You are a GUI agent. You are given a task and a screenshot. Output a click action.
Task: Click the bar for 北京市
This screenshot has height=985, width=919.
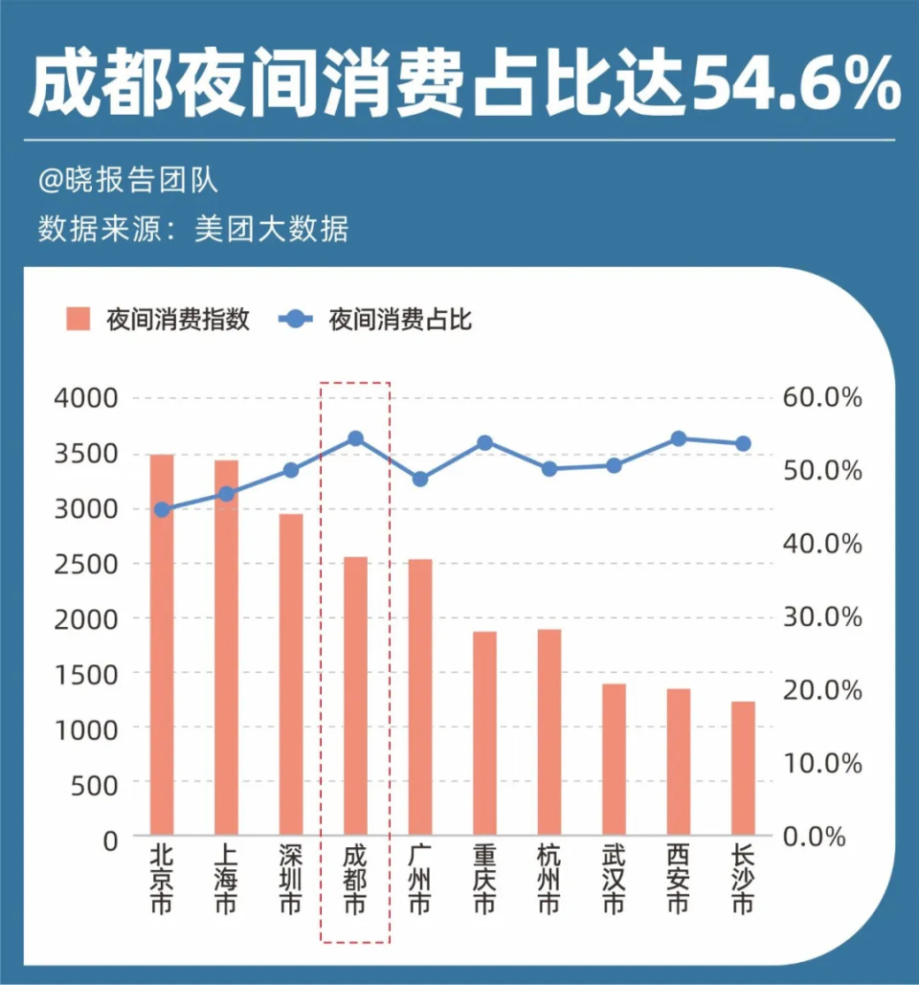[x=162, y=644]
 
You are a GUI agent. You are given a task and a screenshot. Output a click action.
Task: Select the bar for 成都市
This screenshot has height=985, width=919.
[x=355, y=696]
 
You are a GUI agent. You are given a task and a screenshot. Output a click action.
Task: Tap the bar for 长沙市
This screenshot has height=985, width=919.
[x=743, y=768]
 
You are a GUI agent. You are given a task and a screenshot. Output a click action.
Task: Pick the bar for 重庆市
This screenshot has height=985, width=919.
[x=484, y=733]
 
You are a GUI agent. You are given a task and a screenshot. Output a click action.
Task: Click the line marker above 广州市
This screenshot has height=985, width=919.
[x=419, y=479]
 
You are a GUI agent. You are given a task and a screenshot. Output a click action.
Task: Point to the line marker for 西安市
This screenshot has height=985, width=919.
[x=678, y=438]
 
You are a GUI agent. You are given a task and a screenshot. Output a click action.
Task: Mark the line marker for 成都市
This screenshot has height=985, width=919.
[x=355, y=438]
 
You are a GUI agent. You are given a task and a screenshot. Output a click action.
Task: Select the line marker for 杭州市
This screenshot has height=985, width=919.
[x=549, y=469]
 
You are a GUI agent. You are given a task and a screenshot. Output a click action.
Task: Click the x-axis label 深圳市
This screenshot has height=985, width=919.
[x=291, y=878]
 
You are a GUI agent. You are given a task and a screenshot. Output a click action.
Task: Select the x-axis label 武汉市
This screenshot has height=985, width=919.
[x=614, y=878]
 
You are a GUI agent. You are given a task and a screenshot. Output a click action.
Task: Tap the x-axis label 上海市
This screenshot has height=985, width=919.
[x=226, y=878]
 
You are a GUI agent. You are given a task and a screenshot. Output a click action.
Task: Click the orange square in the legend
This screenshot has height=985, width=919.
[x=78, y=319]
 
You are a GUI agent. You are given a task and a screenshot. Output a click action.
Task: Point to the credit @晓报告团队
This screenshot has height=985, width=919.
[x=128, y=179]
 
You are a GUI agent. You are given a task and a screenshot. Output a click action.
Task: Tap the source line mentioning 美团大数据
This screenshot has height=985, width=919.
[x=191, y=230]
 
